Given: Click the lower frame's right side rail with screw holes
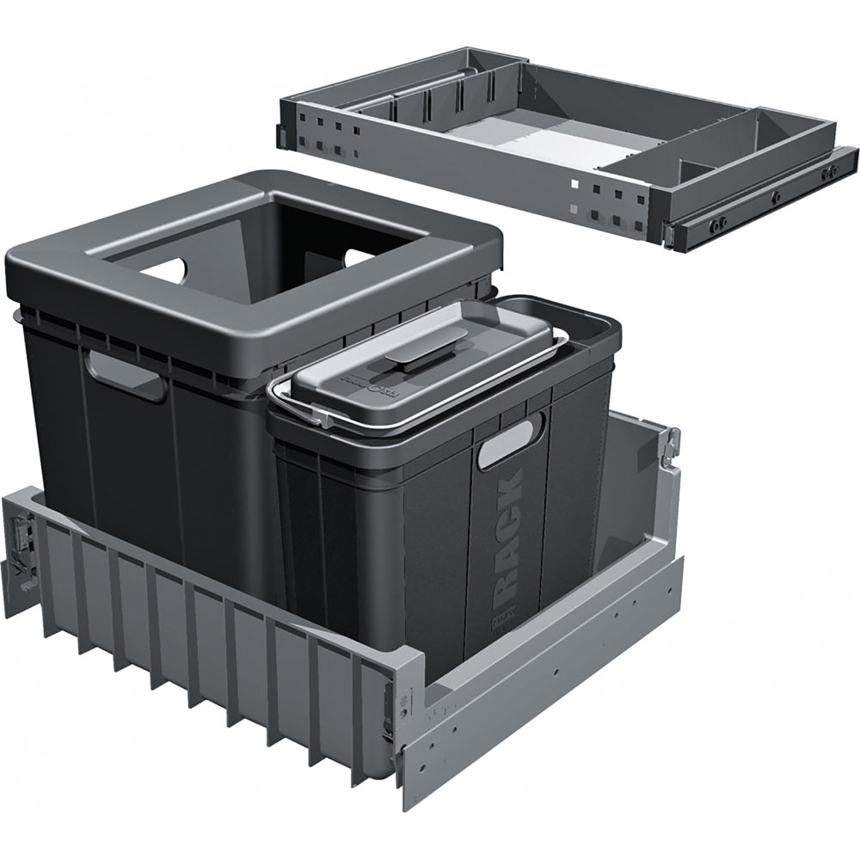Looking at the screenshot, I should tap(550, 679).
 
